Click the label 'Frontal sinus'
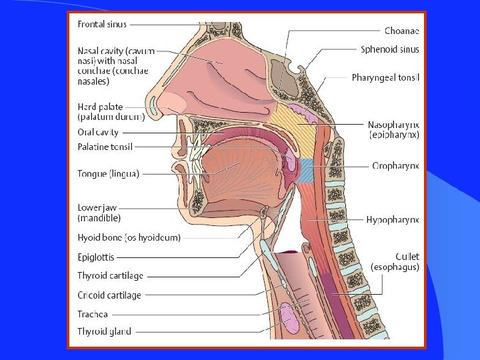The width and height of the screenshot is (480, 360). pos(102,25)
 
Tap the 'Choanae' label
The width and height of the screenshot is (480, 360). pos(402,31)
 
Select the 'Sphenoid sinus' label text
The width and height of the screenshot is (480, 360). pos(390,49)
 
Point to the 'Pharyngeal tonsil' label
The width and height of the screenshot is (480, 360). pos(385,78)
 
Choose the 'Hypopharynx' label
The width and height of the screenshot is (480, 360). pos(393,219)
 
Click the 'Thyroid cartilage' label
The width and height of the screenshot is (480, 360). pos(110,275)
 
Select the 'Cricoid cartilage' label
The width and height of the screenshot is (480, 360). pos(109,295)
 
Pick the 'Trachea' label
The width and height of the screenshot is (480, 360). pos(93,313)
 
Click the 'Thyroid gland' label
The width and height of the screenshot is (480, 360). pos(104,331)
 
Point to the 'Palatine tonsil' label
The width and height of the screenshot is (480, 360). pos(105,147)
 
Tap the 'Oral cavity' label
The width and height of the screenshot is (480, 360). pos(98,132)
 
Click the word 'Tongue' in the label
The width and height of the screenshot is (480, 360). pos(91,174)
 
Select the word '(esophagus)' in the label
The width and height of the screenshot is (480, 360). pos(395,267)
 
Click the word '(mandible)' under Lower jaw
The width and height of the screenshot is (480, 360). pos(99,218)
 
